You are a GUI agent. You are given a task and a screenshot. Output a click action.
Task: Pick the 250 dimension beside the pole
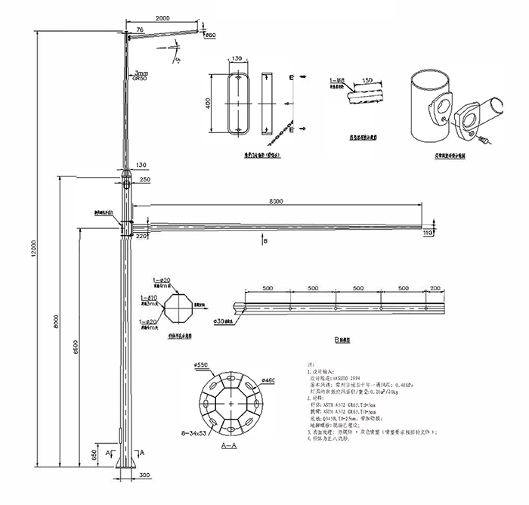point(145,179)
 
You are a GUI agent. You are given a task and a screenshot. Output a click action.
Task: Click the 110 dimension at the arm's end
point(428,233)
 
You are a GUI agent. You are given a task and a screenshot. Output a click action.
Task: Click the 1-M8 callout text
point(338,79)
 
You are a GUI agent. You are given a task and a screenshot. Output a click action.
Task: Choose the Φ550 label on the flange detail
point(200,365)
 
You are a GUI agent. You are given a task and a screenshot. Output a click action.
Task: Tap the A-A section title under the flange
point(230,448)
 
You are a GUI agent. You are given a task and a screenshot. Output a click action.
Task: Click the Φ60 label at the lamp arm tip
point(210,36)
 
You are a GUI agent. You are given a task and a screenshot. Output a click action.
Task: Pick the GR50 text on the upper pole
point(141,77)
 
